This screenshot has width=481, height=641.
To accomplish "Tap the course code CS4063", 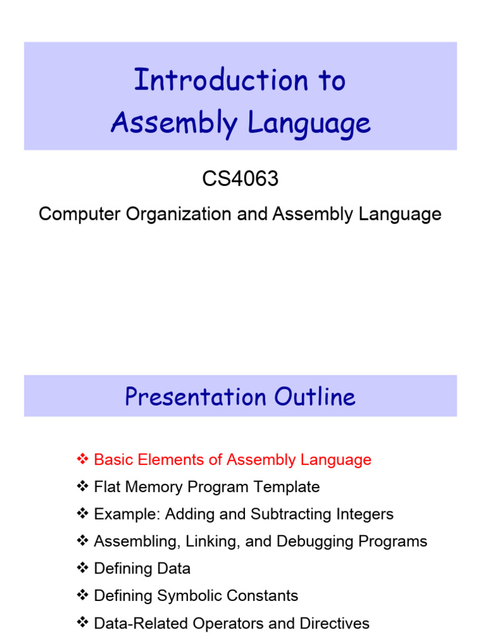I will [240, 179].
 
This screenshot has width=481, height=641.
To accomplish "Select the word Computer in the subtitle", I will [75, 214].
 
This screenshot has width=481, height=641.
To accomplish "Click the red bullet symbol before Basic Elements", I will [83, 459].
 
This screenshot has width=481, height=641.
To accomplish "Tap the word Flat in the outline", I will [105, 487].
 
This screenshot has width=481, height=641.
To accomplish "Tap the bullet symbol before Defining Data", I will [83, 568].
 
